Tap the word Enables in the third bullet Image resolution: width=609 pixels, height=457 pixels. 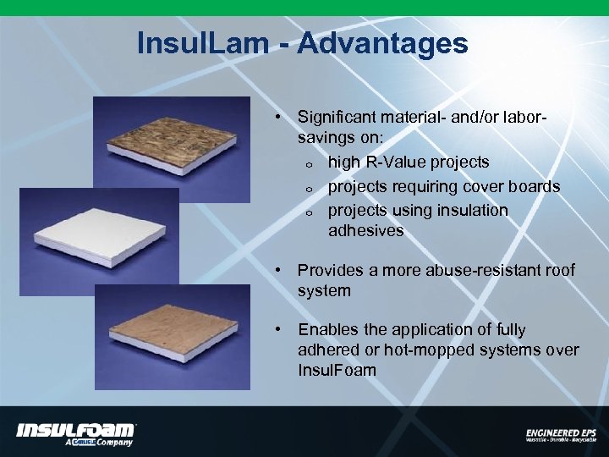pyautogui.click(x=326, y=330)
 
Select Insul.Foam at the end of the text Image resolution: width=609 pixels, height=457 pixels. pyautogui.click(x=337, y=370)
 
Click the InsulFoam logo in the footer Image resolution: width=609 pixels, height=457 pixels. pyautogui.click(x=75, y=433)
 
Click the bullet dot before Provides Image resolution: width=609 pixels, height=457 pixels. pyautogui.click(x=277, y=271)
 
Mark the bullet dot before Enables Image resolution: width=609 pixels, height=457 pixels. pyautogui.click(x=277, y=330)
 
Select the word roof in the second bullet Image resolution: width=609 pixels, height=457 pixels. pyautogui.click(x=558, y=270)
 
